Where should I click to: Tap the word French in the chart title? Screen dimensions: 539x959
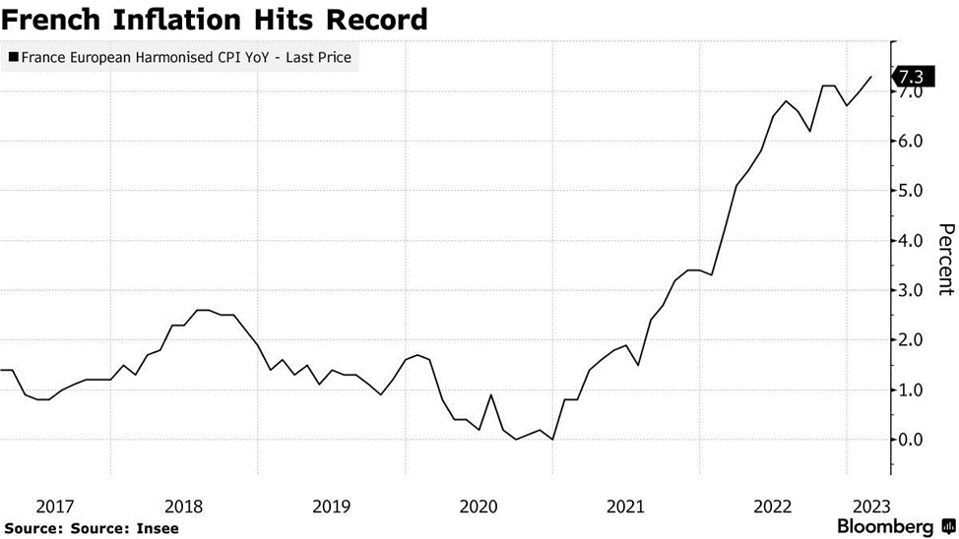pyautogui.click(x=49, y=19)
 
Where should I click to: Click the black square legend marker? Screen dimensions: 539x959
pyautogui.click(x=12, y=58)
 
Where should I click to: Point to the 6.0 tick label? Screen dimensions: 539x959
pyautogui.click(x=909, y=141)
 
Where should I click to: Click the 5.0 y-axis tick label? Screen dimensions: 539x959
pyautogui.click(x=909, y=191)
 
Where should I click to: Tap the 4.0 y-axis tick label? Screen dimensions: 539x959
pyautogui.click(x=909, y=240)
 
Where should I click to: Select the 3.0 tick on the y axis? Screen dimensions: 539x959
pyautogui.click(x=909, y=290)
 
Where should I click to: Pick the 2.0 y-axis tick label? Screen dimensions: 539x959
pyautogui.click(x=909, y=339)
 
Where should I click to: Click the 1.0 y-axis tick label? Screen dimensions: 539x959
pyautogui.click(x=909, y=389)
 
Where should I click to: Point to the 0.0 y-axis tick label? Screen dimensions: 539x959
pyautogui.click(x=909, y=439)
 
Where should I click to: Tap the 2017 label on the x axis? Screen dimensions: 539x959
pyautogui.click(x=55, y=507)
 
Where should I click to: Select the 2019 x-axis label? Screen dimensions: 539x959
pyautogui.click(x=331, y=507)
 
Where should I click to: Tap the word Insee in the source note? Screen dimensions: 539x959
pyautogui.click(x=159, y=528)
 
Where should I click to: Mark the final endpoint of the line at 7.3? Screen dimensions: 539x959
pyautogui.click(x=870, y=77)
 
